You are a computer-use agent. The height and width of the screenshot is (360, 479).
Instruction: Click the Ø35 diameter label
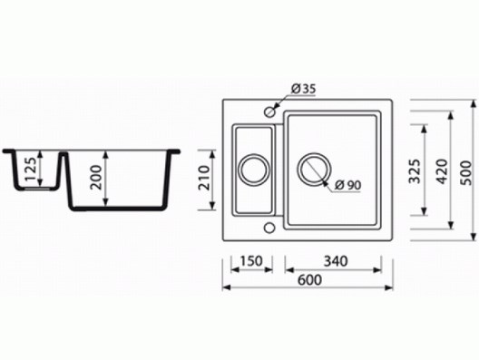point(303,89)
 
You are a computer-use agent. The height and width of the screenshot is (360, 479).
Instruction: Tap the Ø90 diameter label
point(347,185)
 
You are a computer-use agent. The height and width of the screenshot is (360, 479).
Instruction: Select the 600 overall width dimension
point(309,279)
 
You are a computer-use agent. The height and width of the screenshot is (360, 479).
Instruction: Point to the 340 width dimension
point(336,261)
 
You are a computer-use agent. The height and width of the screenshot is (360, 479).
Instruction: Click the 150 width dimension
point(251,261)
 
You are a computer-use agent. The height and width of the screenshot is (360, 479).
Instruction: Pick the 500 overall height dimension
point(466,172)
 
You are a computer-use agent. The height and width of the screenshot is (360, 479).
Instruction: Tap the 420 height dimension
point(443,171)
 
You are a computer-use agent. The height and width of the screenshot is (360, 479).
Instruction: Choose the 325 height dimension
point(415,171)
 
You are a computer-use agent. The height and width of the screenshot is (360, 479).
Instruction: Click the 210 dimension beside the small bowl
point(204,178)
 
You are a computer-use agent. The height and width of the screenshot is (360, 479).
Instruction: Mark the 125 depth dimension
point(31,170)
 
